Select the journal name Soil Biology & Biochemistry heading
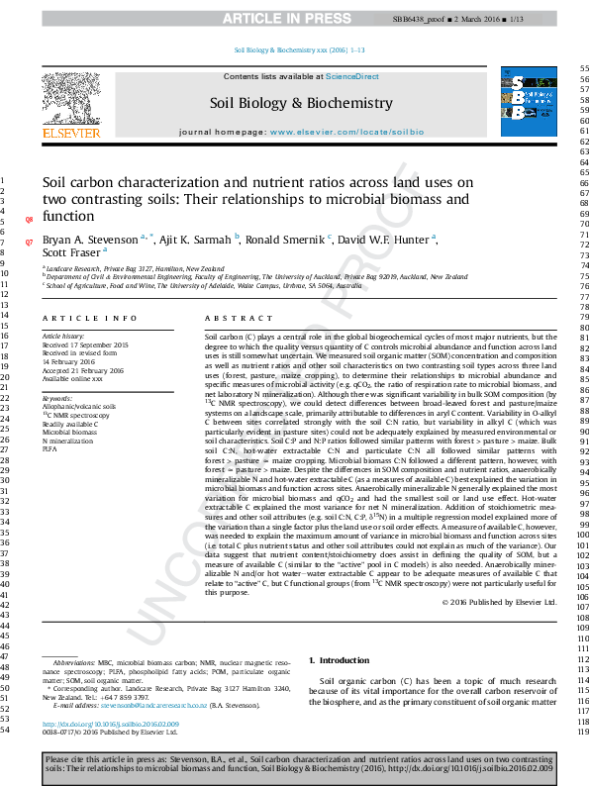301,103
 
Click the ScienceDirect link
352,76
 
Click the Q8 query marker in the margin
29,219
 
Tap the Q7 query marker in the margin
29,242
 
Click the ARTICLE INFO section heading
89,319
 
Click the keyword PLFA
49,448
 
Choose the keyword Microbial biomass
70,432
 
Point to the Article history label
64,337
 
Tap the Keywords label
58,398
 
